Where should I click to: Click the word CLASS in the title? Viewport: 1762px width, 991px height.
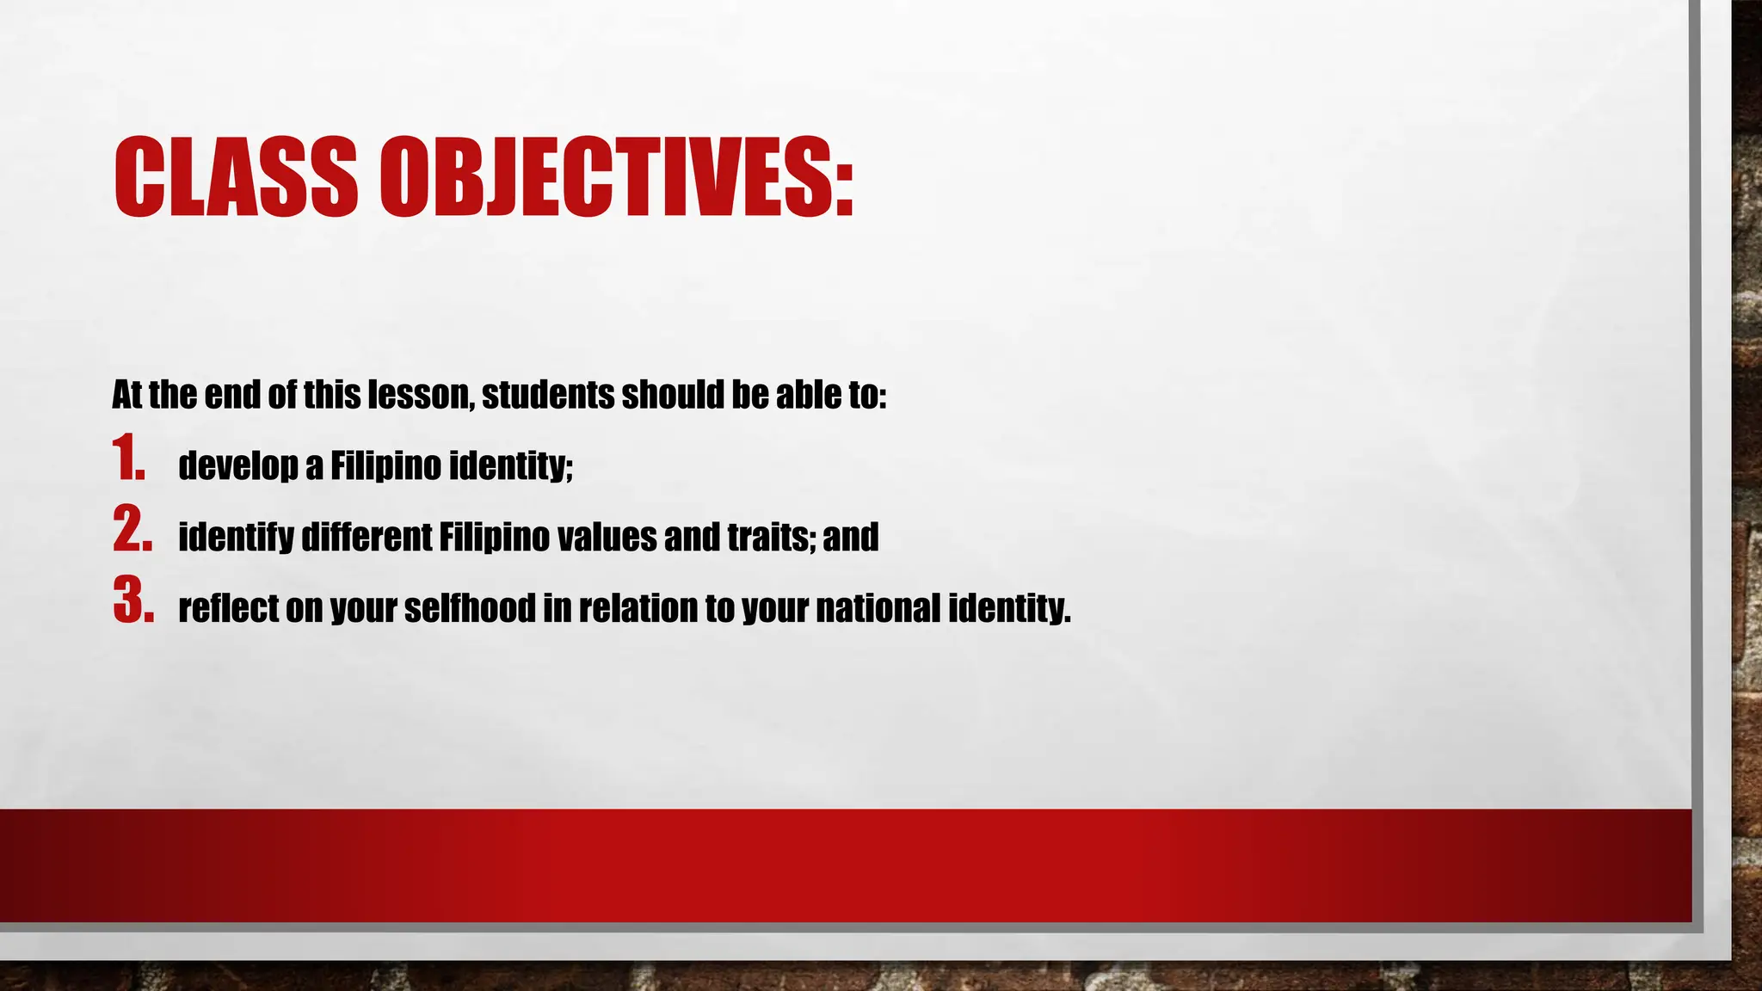point(235,176)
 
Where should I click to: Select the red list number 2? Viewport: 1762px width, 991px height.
point(132,530)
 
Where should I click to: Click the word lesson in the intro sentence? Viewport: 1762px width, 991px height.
point(420,396)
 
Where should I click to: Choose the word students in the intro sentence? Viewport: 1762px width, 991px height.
point(546,396)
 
